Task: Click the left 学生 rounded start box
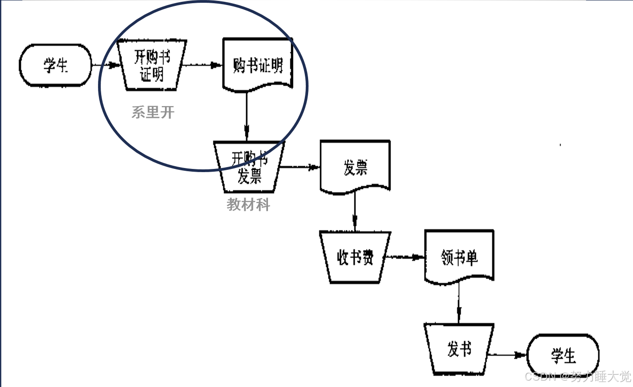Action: [x=55, y=65]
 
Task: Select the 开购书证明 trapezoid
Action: [x=152, y=65]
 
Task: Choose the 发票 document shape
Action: [x=355, y=167]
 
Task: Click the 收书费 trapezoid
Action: [x=355, y=257]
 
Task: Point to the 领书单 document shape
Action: [x=459, y=257]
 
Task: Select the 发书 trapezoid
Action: [x=458, y=350]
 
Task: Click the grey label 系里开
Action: [x=153, y=112]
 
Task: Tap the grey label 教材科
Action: [x=248, y=205]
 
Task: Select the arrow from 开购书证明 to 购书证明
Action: [x=201, y=65]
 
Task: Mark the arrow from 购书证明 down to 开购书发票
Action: [x=247, y=116]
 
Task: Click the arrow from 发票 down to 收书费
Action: [x=355, y=212]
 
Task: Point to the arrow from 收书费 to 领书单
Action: [x=404, y=257]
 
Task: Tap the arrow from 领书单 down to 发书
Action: [x=458, y=302]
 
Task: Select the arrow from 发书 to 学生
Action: [x=506, y=355]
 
